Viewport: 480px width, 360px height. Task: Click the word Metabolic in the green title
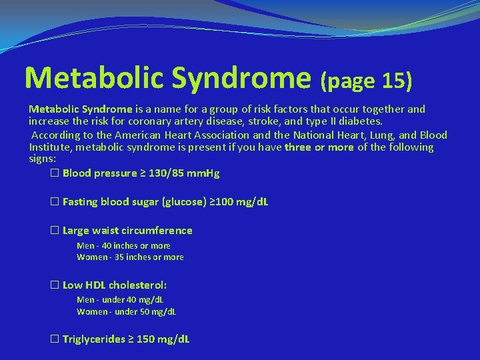click(x=93, y=78)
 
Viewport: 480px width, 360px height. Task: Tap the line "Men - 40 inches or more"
click(x=123, y=246)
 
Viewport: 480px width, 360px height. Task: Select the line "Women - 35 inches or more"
click(x=130, y=257)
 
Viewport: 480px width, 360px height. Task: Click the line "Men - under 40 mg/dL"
click(x=120, y=300)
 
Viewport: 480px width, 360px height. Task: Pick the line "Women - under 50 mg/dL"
click(x=126, y=311)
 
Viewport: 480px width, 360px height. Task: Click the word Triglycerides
click(x=94, y=339)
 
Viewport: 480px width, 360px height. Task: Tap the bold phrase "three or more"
click(x=319, y=147)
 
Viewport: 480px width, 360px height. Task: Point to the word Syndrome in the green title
click(x=242, y=78)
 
